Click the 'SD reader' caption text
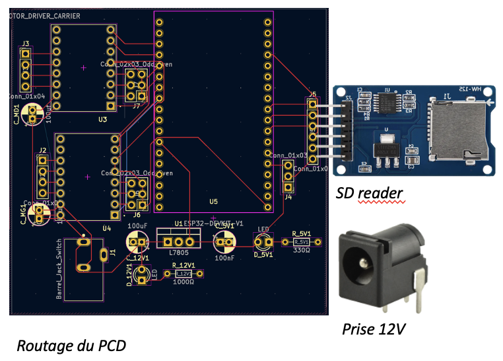coord(369,193)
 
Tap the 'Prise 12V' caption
coord(373,329)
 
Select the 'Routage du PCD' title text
coord(71,345)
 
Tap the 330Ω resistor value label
coord(301,251)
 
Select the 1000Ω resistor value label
coord(182,281)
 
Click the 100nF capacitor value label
coord(224,258)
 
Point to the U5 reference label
coord(213,201)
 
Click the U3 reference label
coord(102,120)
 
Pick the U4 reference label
coord(106,228)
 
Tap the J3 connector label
coord(25,44)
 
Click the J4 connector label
coord(288,196)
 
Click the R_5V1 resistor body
coord(301,243)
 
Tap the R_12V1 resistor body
coord(182,273)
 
